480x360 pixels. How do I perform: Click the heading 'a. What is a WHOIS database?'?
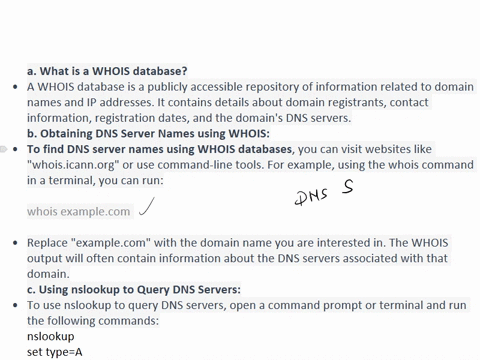click(x=107, y=71)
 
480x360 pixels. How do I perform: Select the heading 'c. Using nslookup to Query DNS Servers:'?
click(x=133, y=290)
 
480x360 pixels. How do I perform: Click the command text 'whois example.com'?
click(x=79, y=211)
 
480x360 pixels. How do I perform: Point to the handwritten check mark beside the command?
click(x=148, y=207)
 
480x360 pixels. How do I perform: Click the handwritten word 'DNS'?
click(x=312, y=196)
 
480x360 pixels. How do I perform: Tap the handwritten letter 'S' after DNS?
click(x=348, y=188)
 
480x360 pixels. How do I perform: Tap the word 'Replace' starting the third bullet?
click(x=51, y=243)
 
